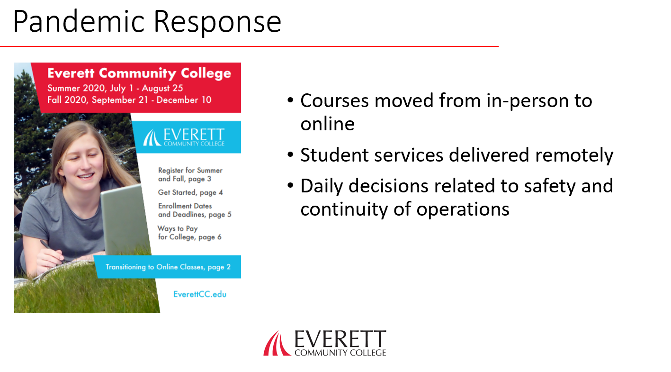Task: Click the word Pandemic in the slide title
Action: [x=79, y=22]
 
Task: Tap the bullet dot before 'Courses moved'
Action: [x=290, y=100]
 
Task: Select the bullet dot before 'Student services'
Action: [x=290, y=154]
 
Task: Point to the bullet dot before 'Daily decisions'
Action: [x=290, y=185]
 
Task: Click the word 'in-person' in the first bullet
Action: [x=527, y=102]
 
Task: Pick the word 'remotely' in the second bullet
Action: [x=574, y=156]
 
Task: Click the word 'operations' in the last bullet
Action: [x=463, y=209]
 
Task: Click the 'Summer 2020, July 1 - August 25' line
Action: [x=115, y=88]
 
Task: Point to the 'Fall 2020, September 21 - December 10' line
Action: [x=129, y=100]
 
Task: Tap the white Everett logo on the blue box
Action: [x=184, y=137]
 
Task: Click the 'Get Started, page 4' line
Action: [x=190, y=192]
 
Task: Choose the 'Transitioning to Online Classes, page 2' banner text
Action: [x=168, y=267]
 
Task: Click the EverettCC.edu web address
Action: [x=200, y=294]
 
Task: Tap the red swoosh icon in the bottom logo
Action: [x=277, y=344]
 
